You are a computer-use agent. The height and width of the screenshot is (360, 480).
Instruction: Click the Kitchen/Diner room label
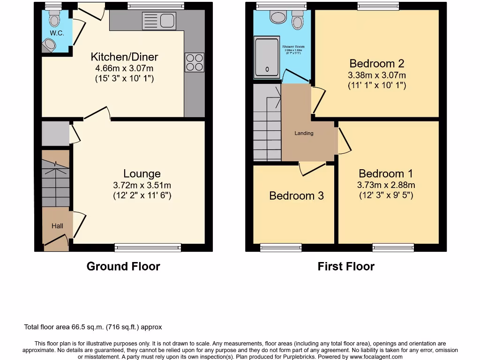tap(124, 57)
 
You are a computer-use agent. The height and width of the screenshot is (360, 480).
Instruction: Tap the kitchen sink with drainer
tap(159, 21)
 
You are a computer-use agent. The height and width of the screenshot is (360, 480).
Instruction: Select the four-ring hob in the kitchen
tap(195, 63)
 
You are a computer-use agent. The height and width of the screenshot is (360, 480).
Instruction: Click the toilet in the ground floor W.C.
tap(55, 19)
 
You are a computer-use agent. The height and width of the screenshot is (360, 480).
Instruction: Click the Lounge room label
tap(142, 174)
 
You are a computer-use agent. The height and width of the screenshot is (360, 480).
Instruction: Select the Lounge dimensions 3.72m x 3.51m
tap(142, 185)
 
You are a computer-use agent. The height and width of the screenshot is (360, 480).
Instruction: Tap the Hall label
tap(57, 226)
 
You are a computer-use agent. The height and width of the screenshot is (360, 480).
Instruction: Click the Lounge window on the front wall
tap(148, 247)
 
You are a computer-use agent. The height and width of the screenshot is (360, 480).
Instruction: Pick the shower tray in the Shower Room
tap(267, 58)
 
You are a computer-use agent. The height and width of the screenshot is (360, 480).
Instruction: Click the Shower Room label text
tap(293, 47)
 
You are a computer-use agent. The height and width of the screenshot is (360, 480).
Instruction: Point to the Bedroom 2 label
tap(377, 64)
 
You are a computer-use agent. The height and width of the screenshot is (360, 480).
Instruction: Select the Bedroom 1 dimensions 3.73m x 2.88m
tap(386, 185)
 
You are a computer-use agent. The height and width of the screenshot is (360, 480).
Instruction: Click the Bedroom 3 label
tap(296, 196)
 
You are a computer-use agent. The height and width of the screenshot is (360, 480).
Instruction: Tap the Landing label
tap(304, 133)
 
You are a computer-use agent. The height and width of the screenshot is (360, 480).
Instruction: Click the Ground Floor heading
tap(123, 267)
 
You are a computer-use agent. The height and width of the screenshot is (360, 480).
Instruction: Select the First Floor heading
tap(346, 267)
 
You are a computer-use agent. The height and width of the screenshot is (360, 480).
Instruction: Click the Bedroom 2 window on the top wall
tap(378, 6)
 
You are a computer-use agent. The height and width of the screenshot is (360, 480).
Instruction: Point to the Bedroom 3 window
tap(281, 247)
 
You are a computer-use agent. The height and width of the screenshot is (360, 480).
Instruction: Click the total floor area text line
tap(93, 327)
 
